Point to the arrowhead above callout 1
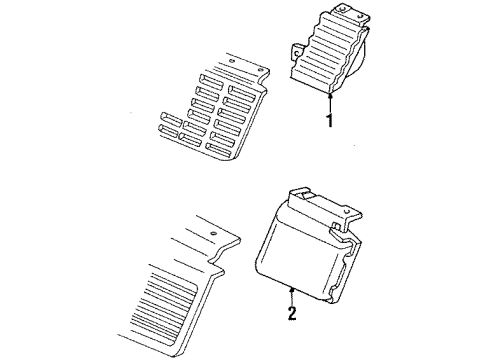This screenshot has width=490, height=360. (x=328, y=92)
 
